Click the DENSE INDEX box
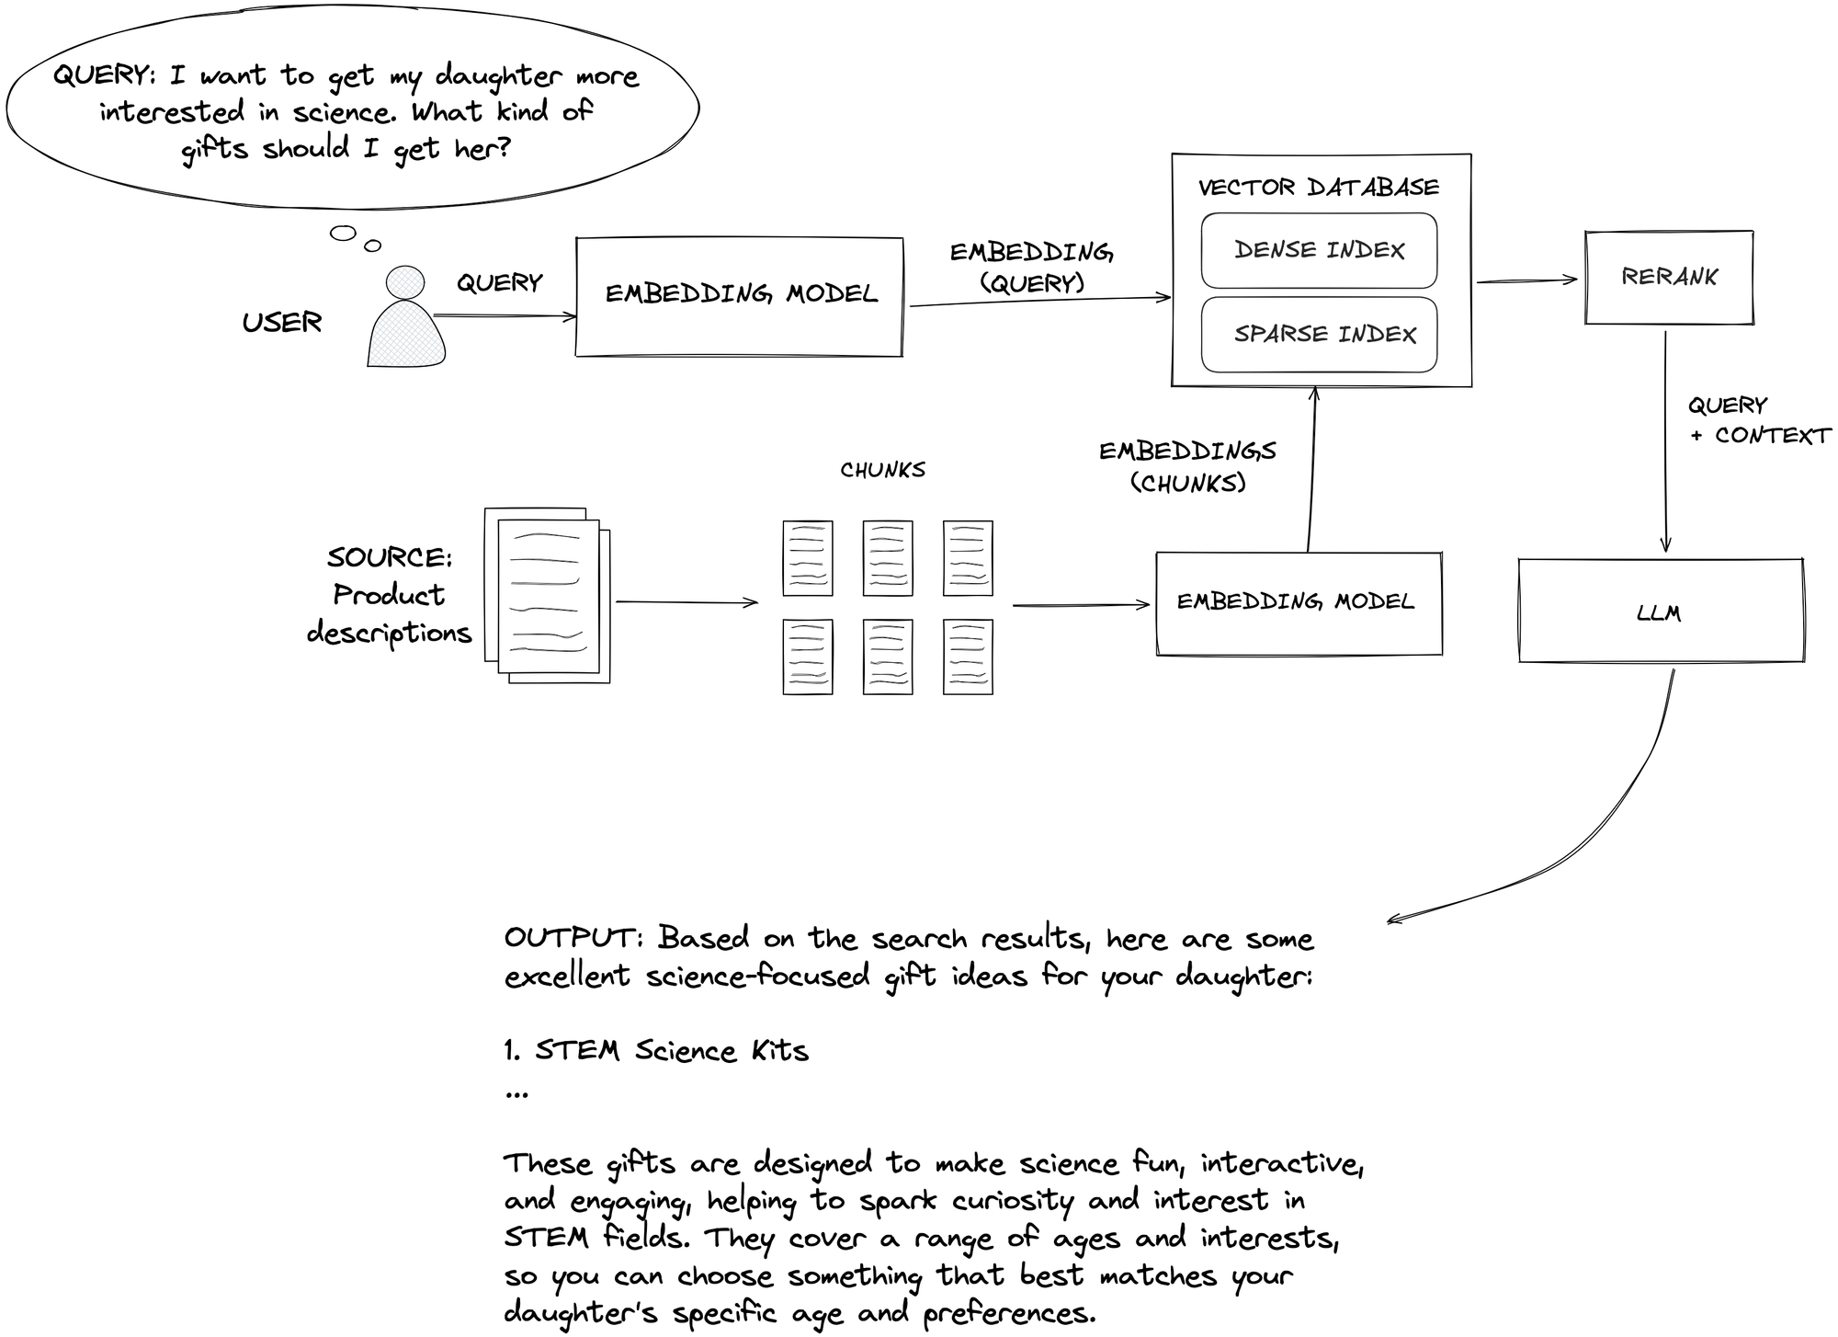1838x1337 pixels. [1319, 251]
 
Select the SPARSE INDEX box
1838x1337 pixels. [1319, 335]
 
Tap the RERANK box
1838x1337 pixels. [1669, 278]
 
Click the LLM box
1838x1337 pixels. [1660, 611]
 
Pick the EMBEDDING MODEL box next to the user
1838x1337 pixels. [739, 296]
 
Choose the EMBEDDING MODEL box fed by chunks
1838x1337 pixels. [1298, 603]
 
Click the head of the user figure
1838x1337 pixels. [405, 282]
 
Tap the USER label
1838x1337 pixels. [282, 323]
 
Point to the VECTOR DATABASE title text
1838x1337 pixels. [1318, 188]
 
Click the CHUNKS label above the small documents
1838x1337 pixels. [882, 470]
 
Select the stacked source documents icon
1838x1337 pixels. [548, 596]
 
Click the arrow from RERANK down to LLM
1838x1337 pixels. [1665, 441]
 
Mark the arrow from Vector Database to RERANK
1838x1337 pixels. [1526, 280]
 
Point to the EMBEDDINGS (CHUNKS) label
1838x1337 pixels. [1187, 466]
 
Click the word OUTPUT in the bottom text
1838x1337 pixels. [569, 938]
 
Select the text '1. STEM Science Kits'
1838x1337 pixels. [656, 1051]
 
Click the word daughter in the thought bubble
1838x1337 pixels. [497, 76]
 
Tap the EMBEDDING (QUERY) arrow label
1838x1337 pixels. [1031, 268]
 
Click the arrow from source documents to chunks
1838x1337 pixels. [686, 602]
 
